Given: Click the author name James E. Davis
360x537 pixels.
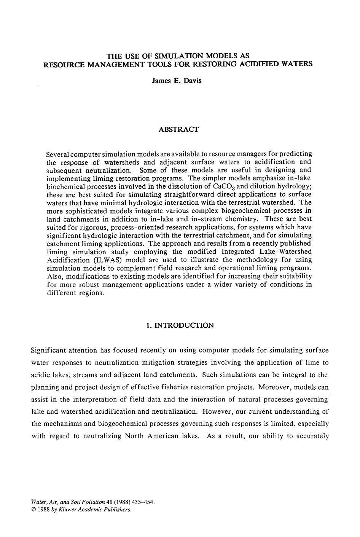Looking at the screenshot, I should pyautogui.click(x=177, y=81).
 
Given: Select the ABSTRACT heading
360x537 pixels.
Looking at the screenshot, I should pyautogui.click(x=178, y=129).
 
